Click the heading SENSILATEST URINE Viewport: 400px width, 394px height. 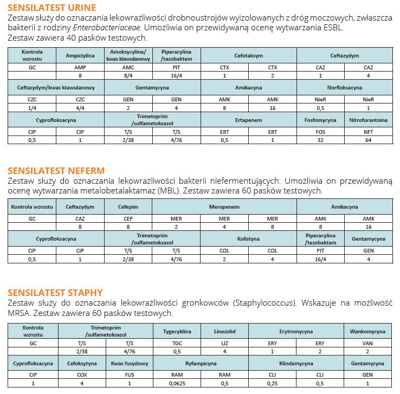tap(52, 7)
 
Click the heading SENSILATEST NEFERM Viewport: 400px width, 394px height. tap(56, 171)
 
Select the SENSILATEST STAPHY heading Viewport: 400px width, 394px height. tap(55, 293)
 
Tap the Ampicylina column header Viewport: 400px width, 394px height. tap(80, 56)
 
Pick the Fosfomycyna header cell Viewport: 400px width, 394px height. tap(320, 120)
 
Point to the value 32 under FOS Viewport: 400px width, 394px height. tap(320, 140)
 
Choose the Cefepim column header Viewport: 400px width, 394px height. tap(128, 207)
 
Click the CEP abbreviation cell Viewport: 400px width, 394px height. tap(128, 218)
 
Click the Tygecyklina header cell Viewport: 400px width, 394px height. tap(177, 331)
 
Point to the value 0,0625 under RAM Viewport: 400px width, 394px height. tap(177, 383)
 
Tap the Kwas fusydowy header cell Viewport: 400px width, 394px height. tap(128, 363)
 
